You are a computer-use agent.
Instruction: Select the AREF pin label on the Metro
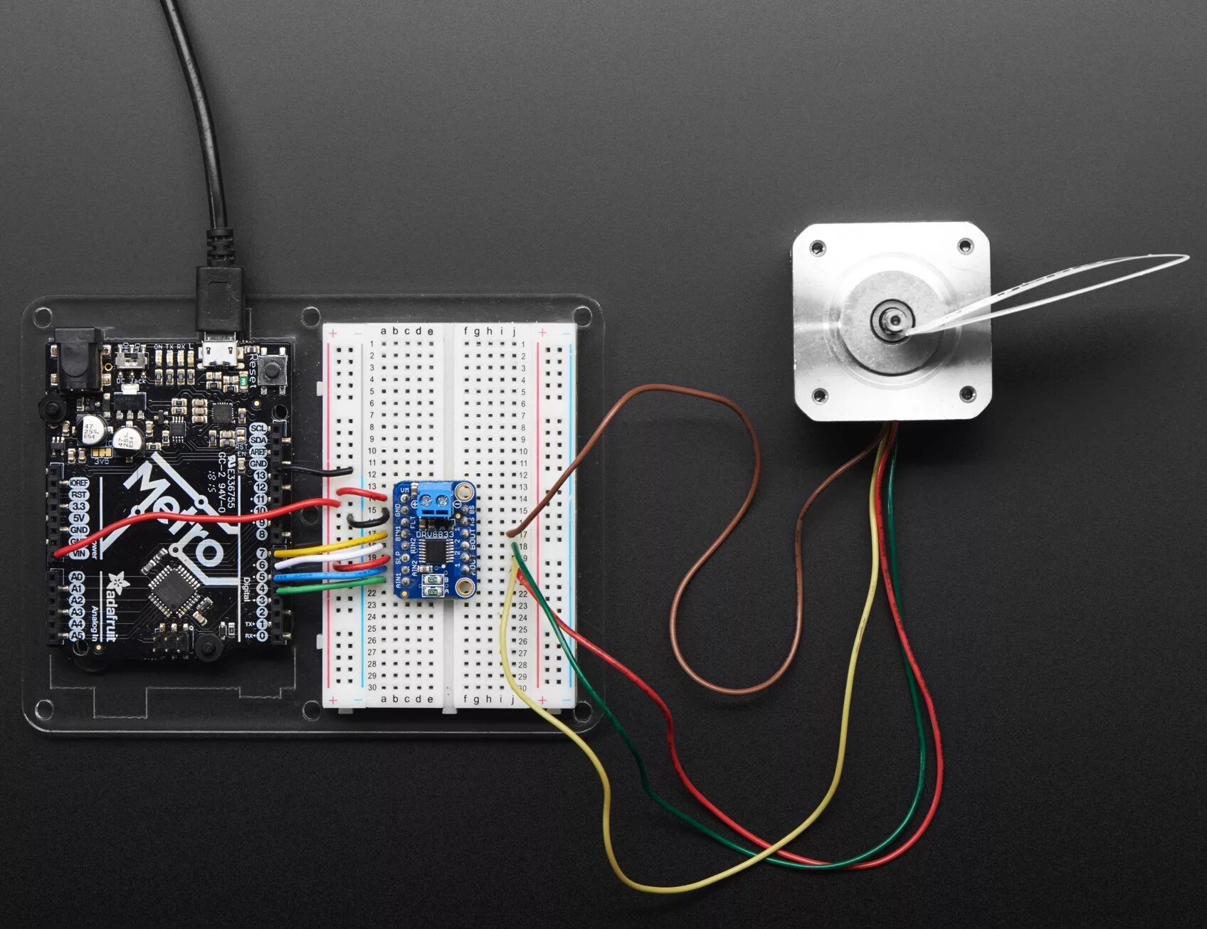[x=258, y=452]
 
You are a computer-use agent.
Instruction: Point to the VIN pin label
[x=78, y=553]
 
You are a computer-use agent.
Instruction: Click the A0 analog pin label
[x=77, y=577]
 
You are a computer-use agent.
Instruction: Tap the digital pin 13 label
[x=260, y=476]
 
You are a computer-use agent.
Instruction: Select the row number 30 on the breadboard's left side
[x=371, y=687]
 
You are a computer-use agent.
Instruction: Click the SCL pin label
[x=258, y=428]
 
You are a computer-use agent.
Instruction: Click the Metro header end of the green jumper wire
[x=280, y=589]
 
